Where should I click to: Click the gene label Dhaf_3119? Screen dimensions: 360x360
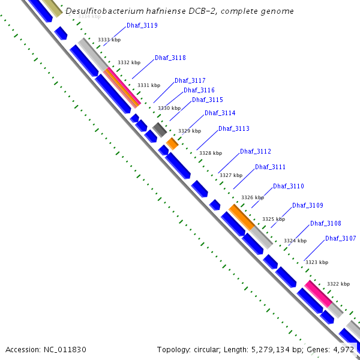click(x=142, y=26)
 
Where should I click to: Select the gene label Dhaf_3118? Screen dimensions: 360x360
click(x=170, y=58)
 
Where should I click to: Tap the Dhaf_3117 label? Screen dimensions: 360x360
click(x=190, y=80)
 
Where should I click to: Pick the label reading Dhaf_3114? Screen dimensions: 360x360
click(x=220, y=113)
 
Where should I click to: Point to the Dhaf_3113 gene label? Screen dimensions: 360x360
click(x=233, y=128)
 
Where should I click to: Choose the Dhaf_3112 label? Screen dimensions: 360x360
click(x=255, y=152)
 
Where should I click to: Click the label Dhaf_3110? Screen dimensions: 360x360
click(x=288, y=186)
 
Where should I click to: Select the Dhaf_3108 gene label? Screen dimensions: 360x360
click(x=325, y=223)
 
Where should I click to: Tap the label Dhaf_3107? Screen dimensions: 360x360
click(x=340, y=238)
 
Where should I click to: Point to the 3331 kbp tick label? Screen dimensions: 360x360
click(x=149, y=85)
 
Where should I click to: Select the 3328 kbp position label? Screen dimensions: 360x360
click(x=210, y=153)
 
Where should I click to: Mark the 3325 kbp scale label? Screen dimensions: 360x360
click(x=273, y=219)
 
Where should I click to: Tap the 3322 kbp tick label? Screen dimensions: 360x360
click(x=338, y=284)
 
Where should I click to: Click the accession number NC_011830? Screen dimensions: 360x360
click(x=70, y=349)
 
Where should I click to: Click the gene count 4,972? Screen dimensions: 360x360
click(x=343, y=349)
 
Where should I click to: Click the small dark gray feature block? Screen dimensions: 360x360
click(x=159, y=129)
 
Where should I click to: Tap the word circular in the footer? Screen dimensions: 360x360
click(x=207, y=349)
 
